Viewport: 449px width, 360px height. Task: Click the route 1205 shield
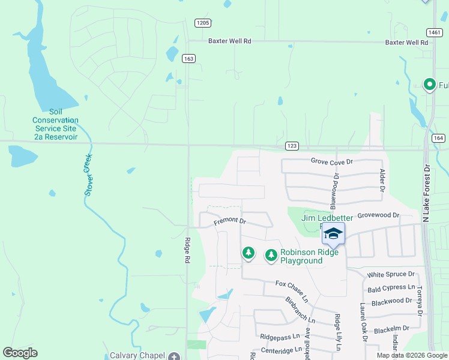pos(203,23)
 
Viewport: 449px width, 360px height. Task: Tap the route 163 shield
pos(189,58)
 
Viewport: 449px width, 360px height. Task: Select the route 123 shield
pos(292,146)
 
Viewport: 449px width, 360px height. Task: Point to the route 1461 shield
pos(435,32)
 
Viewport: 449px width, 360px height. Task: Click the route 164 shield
pos(438,138)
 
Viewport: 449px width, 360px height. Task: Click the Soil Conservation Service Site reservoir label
pos(55,124)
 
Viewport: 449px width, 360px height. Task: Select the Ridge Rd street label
pos(187,251)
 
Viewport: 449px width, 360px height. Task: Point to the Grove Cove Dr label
pos(332,161)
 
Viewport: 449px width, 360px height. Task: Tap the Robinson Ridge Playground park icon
pos(271,256)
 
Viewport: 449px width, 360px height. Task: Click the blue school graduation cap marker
pos(333,233)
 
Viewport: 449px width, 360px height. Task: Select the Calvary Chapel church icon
pos(174,356)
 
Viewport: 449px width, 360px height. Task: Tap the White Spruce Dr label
pos(391,275)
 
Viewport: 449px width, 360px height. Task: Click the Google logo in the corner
pos(20,353)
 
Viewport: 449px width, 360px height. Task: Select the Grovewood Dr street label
pos(378,215)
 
